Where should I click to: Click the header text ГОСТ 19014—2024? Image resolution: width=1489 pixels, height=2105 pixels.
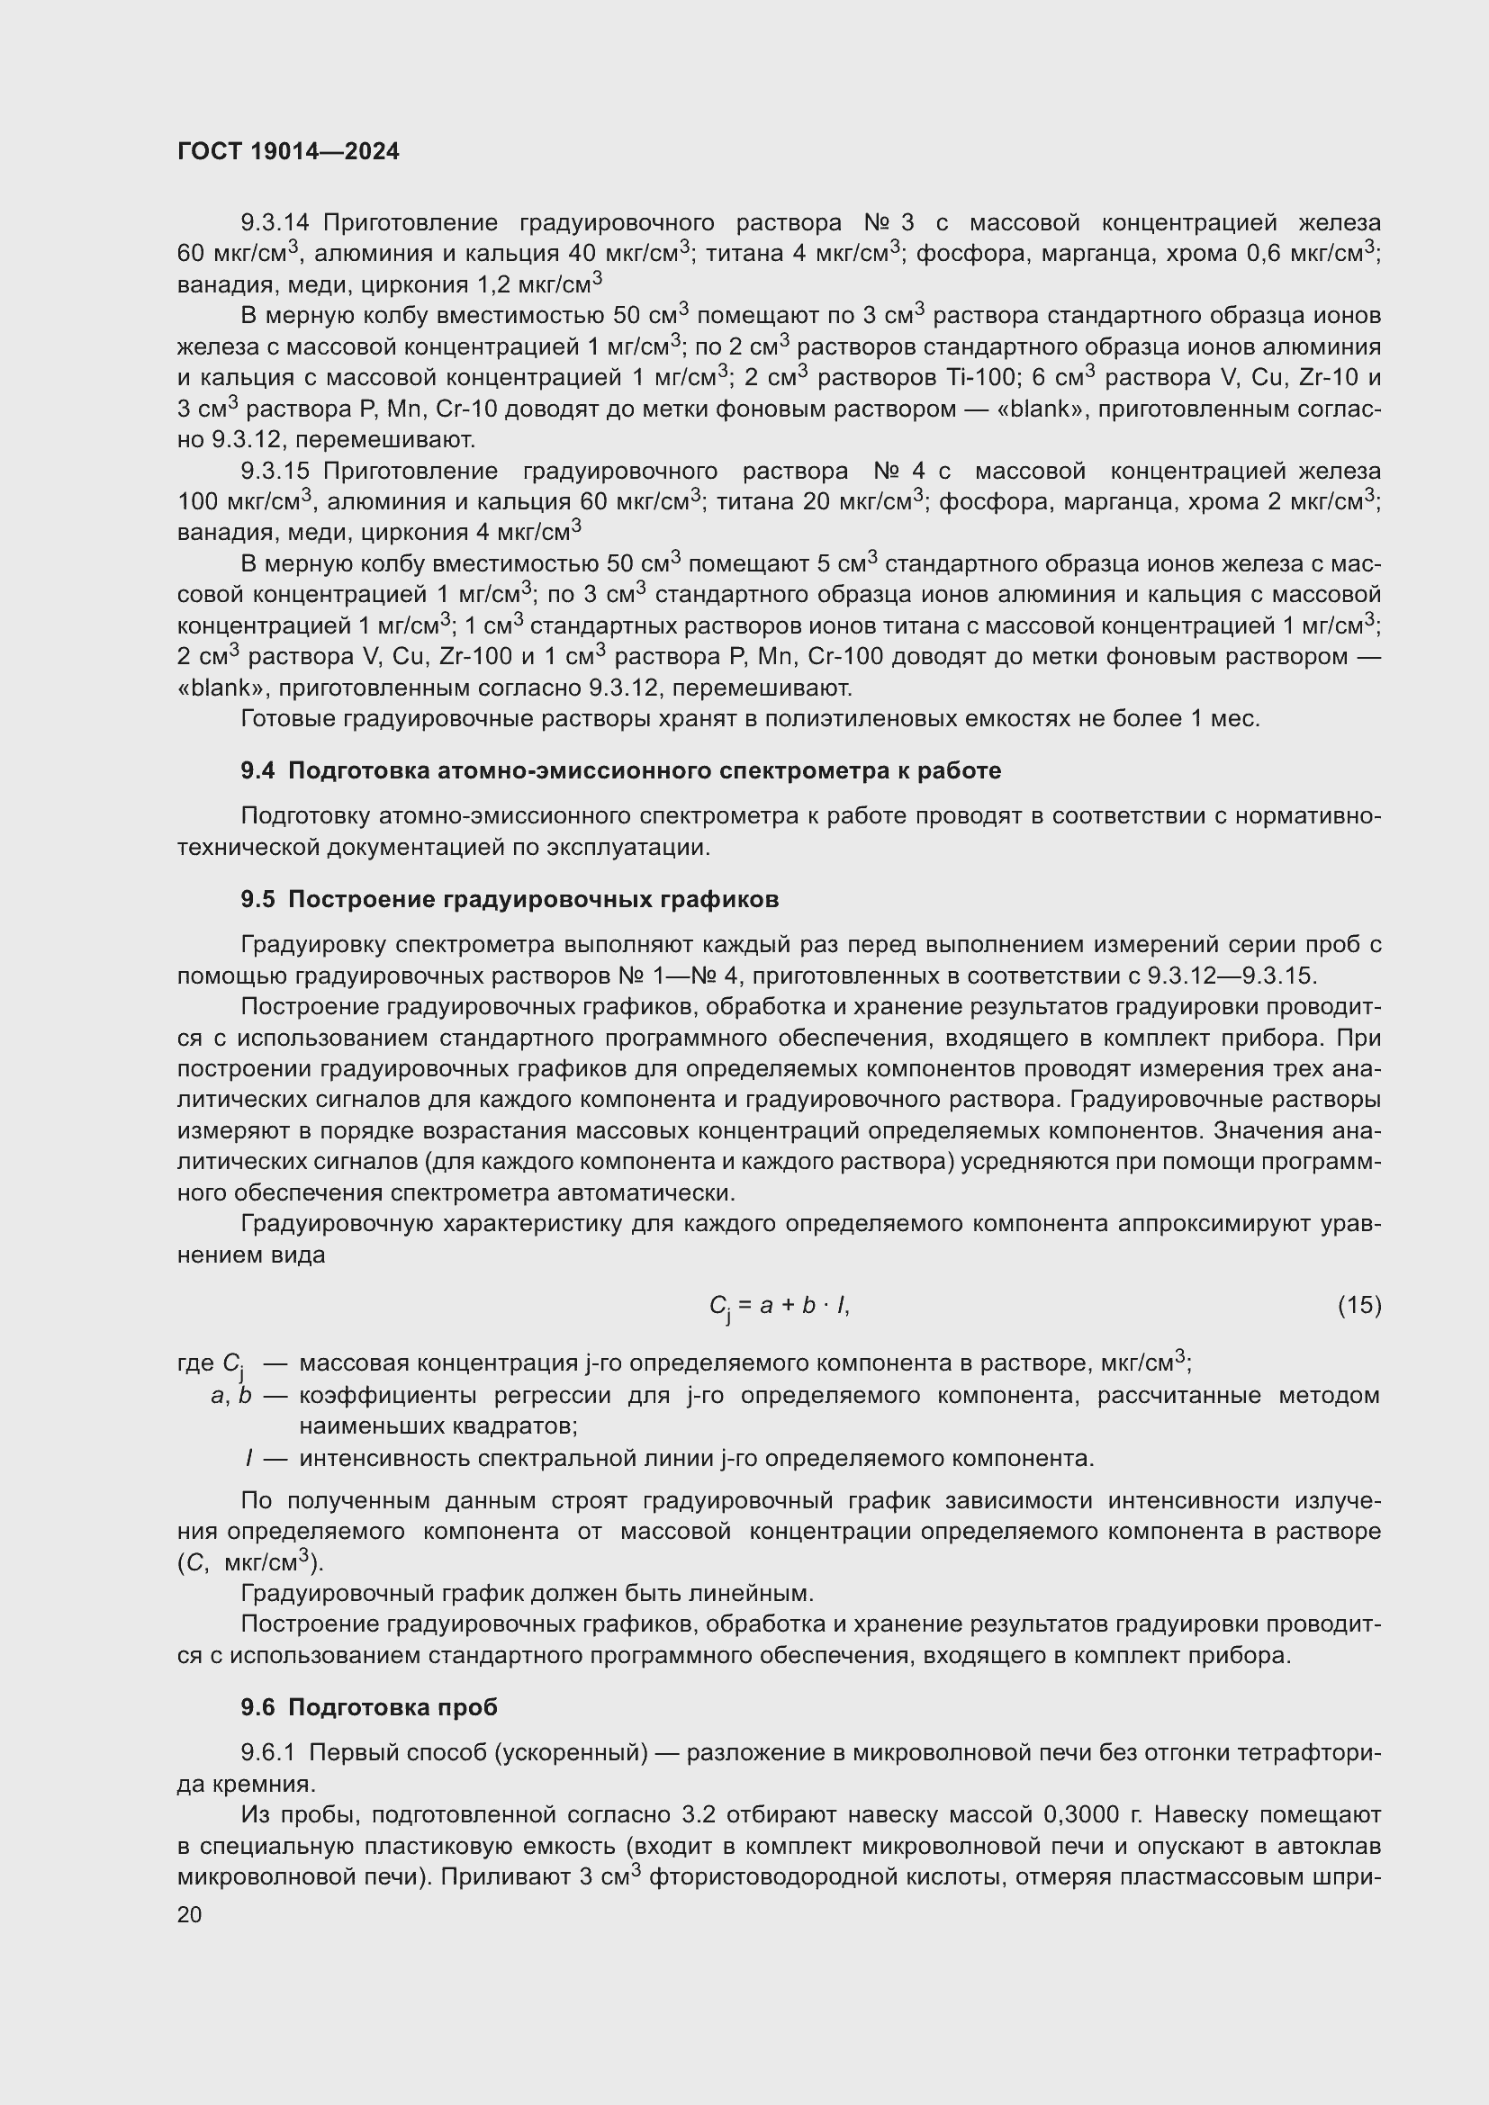pos(288,152)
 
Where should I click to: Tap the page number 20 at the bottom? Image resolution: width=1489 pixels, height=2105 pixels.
pos(189,1915)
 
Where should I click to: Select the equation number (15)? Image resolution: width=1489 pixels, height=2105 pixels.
pos(1358,1305)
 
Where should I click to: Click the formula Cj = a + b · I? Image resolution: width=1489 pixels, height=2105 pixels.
pos(780,1307)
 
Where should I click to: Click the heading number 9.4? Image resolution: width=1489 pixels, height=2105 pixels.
pos(257,771)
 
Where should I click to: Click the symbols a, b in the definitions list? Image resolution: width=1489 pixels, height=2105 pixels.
pos(231,1397)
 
